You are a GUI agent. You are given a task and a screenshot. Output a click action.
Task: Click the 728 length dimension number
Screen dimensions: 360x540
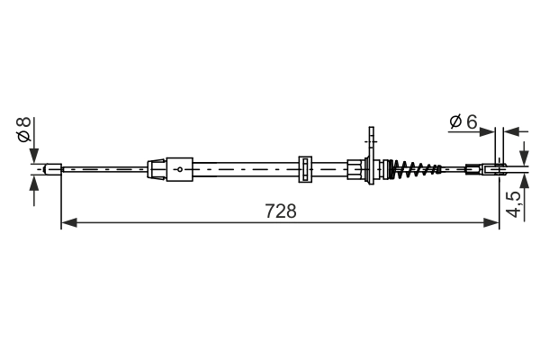[x=281, y=211]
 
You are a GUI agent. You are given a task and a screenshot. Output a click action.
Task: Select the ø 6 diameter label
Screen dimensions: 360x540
[x=463, y=121]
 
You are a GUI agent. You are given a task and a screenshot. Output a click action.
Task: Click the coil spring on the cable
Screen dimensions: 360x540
[x=415, y=167]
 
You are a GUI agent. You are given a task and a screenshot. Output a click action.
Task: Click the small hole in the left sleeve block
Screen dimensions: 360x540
[x=179, y=168]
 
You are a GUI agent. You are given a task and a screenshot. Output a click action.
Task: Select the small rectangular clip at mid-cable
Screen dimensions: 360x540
[x=304, y=168]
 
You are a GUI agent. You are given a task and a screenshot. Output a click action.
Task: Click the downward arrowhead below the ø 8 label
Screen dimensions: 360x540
[x=34, y=155]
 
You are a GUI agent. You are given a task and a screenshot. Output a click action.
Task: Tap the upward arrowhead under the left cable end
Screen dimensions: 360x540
[x=34, y=182]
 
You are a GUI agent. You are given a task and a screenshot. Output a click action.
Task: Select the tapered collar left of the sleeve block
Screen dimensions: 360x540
[x=157, y=168]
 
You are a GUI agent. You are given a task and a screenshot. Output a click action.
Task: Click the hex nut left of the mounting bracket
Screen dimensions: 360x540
[x=355, y=168]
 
